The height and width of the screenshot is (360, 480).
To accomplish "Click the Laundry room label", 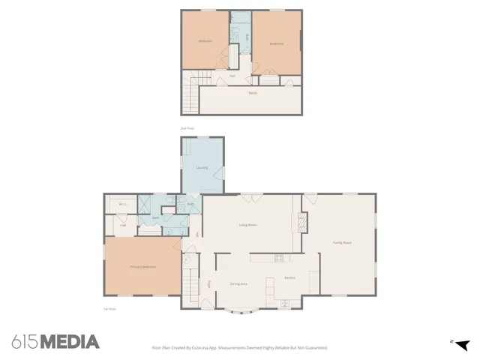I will point(202,167).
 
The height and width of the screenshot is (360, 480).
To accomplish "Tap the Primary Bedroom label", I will point(142,267).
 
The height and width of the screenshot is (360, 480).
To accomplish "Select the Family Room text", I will point(342,242).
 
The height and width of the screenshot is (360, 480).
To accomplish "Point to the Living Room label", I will point(248,224).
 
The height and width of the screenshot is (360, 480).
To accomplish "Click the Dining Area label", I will point(239,283).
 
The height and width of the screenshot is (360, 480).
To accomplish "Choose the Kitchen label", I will point(290,278).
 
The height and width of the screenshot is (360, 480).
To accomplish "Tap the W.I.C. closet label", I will point(122,204).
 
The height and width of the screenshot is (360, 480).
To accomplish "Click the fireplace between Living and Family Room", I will point(303,220).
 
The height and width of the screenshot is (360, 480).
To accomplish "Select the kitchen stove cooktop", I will point(278,258).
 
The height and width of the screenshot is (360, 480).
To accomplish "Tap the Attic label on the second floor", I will point(252,93).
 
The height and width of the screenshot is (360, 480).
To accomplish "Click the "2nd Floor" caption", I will point(187,128).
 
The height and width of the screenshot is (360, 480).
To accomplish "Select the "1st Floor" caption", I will point(109,308).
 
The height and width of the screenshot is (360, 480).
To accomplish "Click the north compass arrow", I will point(461,344).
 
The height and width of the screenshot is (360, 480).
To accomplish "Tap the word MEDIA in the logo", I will point(70,342).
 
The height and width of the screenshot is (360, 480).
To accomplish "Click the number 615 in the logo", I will point(25,342).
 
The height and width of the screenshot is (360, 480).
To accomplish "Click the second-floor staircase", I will point(193,93).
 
